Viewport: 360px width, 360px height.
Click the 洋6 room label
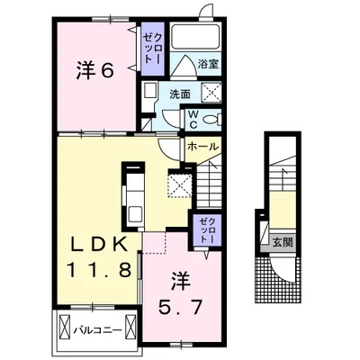[x=94, y=71]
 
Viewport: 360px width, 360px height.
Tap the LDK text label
[x=98, y=246]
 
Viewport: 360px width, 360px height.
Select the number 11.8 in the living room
[x=100, y=269]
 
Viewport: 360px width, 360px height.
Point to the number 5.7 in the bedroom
[x=179, y=307]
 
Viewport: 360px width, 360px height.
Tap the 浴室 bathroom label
[x=208, y=64]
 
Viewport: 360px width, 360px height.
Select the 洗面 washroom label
[x=180, y=94]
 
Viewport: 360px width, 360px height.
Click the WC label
[x=193, y=120]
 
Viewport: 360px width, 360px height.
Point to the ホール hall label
[x=202, y=147]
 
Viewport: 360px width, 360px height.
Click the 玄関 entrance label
[x=283, y=242]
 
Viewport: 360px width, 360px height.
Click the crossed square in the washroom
[x=211, y=92]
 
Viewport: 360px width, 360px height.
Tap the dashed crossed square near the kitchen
[x=179, y=185]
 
